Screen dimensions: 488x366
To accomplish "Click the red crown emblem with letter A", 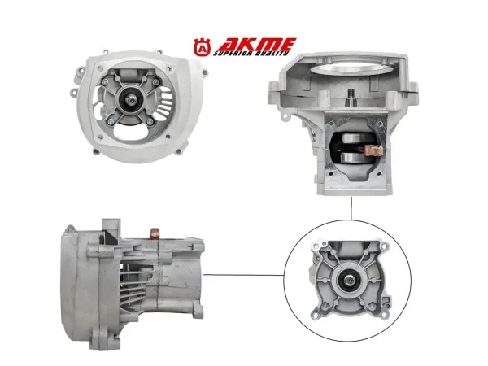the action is [203, 48].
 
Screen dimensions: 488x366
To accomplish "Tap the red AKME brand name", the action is [256, 45].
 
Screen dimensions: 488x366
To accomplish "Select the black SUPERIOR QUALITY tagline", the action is [251, 54].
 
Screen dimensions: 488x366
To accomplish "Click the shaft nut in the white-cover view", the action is [130, 101].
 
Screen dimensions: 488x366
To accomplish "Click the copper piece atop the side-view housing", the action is [155, 233].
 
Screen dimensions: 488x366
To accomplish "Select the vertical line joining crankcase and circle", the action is [351, 208].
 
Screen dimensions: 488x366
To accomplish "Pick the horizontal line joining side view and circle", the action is [243, 275].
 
